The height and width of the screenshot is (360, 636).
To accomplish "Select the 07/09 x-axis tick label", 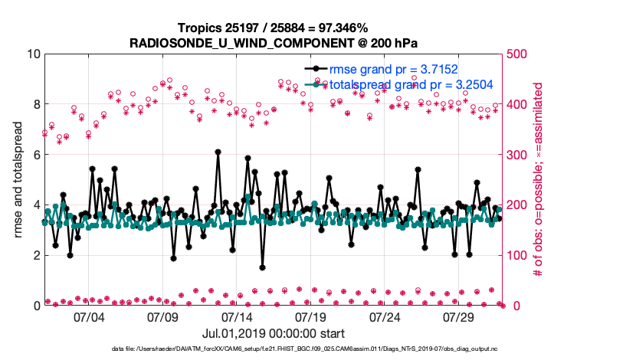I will point(162,316).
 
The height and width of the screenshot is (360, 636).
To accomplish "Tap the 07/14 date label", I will point(237,316).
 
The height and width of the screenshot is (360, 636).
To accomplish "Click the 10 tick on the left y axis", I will point(33,54).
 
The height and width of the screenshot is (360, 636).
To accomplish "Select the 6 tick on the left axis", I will point(36,155).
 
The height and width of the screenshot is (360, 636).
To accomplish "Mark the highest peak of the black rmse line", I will point(218,152).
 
